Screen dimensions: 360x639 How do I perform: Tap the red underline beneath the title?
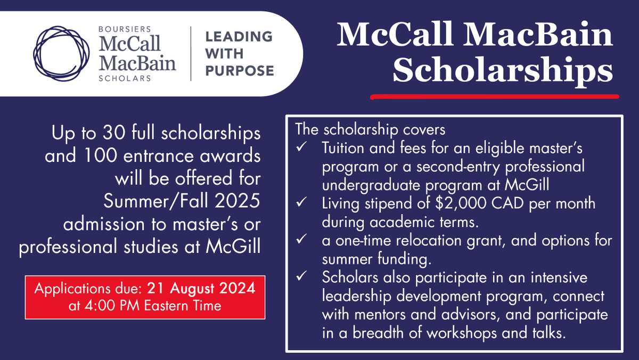point(494,97)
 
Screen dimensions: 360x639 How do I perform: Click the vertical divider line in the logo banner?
point(191,54)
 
